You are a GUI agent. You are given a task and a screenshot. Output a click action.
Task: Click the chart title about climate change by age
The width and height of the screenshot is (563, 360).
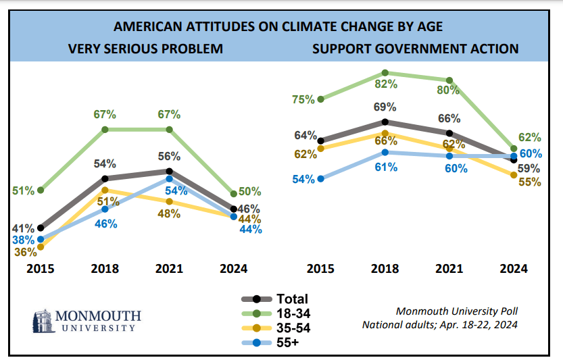pyautogui.click(x=282, y=27)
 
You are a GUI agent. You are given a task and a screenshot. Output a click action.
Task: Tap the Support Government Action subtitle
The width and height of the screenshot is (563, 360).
pyautogui.click(x=415, y=49)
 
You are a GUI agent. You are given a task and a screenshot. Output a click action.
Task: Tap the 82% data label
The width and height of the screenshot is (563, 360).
pyautogui.click(x=385, y=84)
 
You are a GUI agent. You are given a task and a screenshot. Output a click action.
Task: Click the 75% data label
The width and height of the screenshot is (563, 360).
pyautogui.click(x=304, y=100)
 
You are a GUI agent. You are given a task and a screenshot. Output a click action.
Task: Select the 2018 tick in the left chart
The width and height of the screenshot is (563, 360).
pyautogui.click(x=105, y=269)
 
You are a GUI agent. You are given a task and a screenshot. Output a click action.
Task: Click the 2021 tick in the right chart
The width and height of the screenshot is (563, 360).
pyautogui.click(x=449, y=269)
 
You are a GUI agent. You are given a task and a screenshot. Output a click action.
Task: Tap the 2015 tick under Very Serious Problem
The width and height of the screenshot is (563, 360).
pyautogui.click(x=41, y=269)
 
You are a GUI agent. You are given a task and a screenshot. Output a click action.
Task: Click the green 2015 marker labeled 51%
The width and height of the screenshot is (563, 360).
pyautogui.click(x=41, y=190)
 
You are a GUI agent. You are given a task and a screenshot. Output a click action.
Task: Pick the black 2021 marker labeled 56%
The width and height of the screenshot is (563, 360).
pyautogui.click(x=169, y=172)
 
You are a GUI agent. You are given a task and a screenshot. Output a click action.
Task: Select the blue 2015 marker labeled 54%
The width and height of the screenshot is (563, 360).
pyautogui.click(x=320, y=179)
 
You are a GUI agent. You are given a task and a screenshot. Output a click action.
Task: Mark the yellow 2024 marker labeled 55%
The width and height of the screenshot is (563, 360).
pyautogui.click(x=514, y=176)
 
